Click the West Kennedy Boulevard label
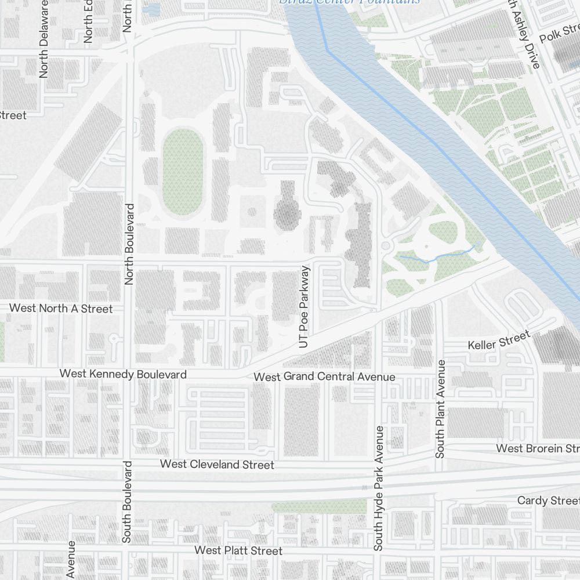[123, 374]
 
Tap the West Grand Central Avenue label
[324, 377]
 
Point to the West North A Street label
[61, 309]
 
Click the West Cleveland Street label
[217, 465]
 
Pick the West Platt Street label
[238, 550]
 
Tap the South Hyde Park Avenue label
[379, 488]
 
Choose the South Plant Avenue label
[441, 409]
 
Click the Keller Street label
[499, 340]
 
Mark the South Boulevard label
[127, 502]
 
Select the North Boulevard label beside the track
[129, 244]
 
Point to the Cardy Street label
[548, 500]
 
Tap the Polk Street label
[559, 34]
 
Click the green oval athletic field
[183, 171]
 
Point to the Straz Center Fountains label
[350, 2]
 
